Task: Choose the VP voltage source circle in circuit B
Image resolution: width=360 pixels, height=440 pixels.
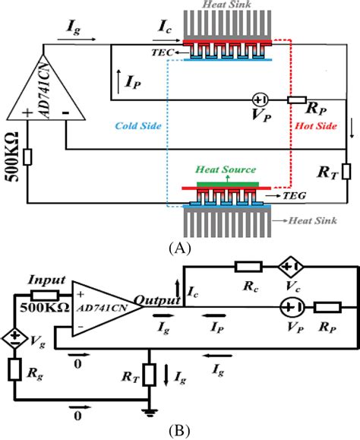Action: pos(292,308)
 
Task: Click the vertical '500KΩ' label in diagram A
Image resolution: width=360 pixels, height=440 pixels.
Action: pos(10,166)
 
